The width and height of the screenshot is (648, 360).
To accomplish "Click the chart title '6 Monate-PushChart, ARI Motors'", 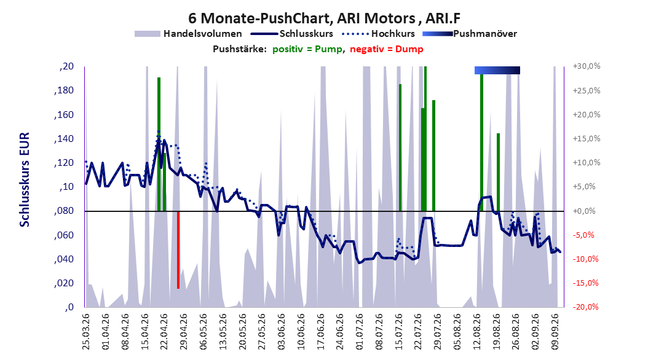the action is click(x=302, y=18).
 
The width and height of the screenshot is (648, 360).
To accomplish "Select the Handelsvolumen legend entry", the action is click(x=189, y=34).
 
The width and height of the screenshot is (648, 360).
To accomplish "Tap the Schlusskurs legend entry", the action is click(x=292, y=34).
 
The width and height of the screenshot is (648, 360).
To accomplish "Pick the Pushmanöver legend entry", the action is click(x=470, y=34).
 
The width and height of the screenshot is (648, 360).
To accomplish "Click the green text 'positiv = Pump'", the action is click(x=307, y=49).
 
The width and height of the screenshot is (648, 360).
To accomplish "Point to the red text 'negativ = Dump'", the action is click(x=387, y=49).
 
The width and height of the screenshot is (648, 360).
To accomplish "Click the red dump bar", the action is click(x=178, y=250).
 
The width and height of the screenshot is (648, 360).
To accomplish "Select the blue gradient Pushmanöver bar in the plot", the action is click(x=497, y=70).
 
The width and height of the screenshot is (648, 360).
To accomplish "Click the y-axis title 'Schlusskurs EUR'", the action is click(x=25, y=179).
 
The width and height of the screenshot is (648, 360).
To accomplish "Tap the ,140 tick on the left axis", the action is click(x=64, y=139).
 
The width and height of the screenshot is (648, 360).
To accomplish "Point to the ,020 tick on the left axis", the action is click(x=64, y=283).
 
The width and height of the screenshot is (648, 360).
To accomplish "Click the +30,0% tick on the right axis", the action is click(x=587, y=66).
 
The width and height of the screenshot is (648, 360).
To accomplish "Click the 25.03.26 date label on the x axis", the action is click(x=86, y=332).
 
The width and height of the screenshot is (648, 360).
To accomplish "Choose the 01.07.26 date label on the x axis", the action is click(x=360, y=332).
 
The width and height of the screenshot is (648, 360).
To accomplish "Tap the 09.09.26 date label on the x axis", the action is click(x=555, y=332).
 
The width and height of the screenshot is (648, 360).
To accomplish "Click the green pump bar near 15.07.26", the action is click(x=400, y=148).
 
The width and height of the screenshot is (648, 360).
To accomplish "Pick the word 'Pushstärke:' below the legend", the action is click(x=240, y=49).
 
